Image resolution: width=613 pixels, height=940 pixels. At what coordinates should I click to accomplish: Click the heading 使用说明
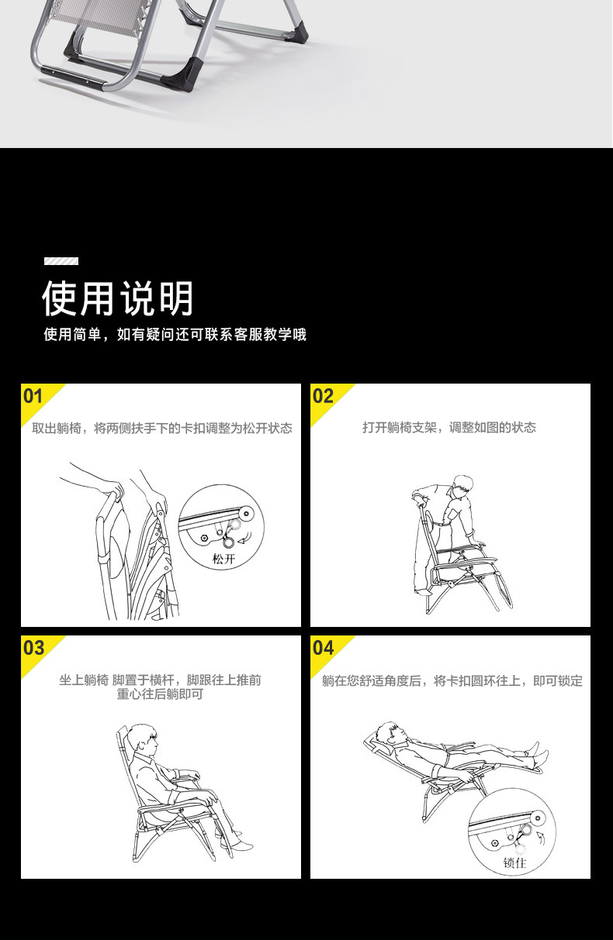click(x=118, y=298)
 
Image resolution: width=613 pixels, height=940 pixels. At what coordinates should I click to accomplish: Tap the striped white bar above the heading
click(x=61, y=261)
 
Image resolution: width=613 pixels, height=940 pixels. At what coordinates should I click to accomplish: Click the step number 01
click(x=33, y=396)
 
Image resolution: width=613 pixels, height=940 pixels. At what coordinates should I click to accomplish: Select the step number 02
click(x=323, y=396)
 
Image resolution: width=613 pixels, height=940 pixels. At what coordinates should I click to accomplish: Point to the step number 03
click(x=33, y=648)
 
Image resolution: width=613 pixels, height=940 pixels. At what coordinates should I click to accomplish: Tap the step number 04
click(x=323, y=648)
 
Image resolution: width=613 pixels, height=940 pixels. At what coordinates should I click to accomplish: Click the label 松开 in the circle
click(x=223, y=559)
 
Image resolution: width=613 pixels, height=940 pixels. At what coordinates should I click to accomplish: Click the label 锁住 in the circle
click(x=514, y=863)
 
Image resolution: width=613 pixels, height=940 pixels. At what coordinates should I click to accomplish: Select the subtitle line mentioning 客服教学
click(x=175, y=335)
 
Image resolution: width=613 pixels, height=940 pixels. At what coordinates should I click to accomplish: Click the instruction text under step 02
click(x=449, y=428)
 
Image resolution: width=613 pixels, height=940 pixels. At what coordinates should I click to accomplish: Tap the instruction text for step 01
click(x=161, y=428)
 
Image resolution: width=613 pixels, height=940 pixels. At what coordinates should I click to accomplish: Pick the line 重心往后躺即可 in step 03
click(x=160, y=694)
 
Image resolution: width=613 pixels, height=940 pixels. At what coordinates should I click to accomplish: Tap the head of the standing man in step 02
click(x=462, y=487)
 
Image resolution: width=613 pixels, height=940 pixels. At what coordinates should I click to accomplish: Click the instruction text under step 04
click(x=452, y=680)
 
